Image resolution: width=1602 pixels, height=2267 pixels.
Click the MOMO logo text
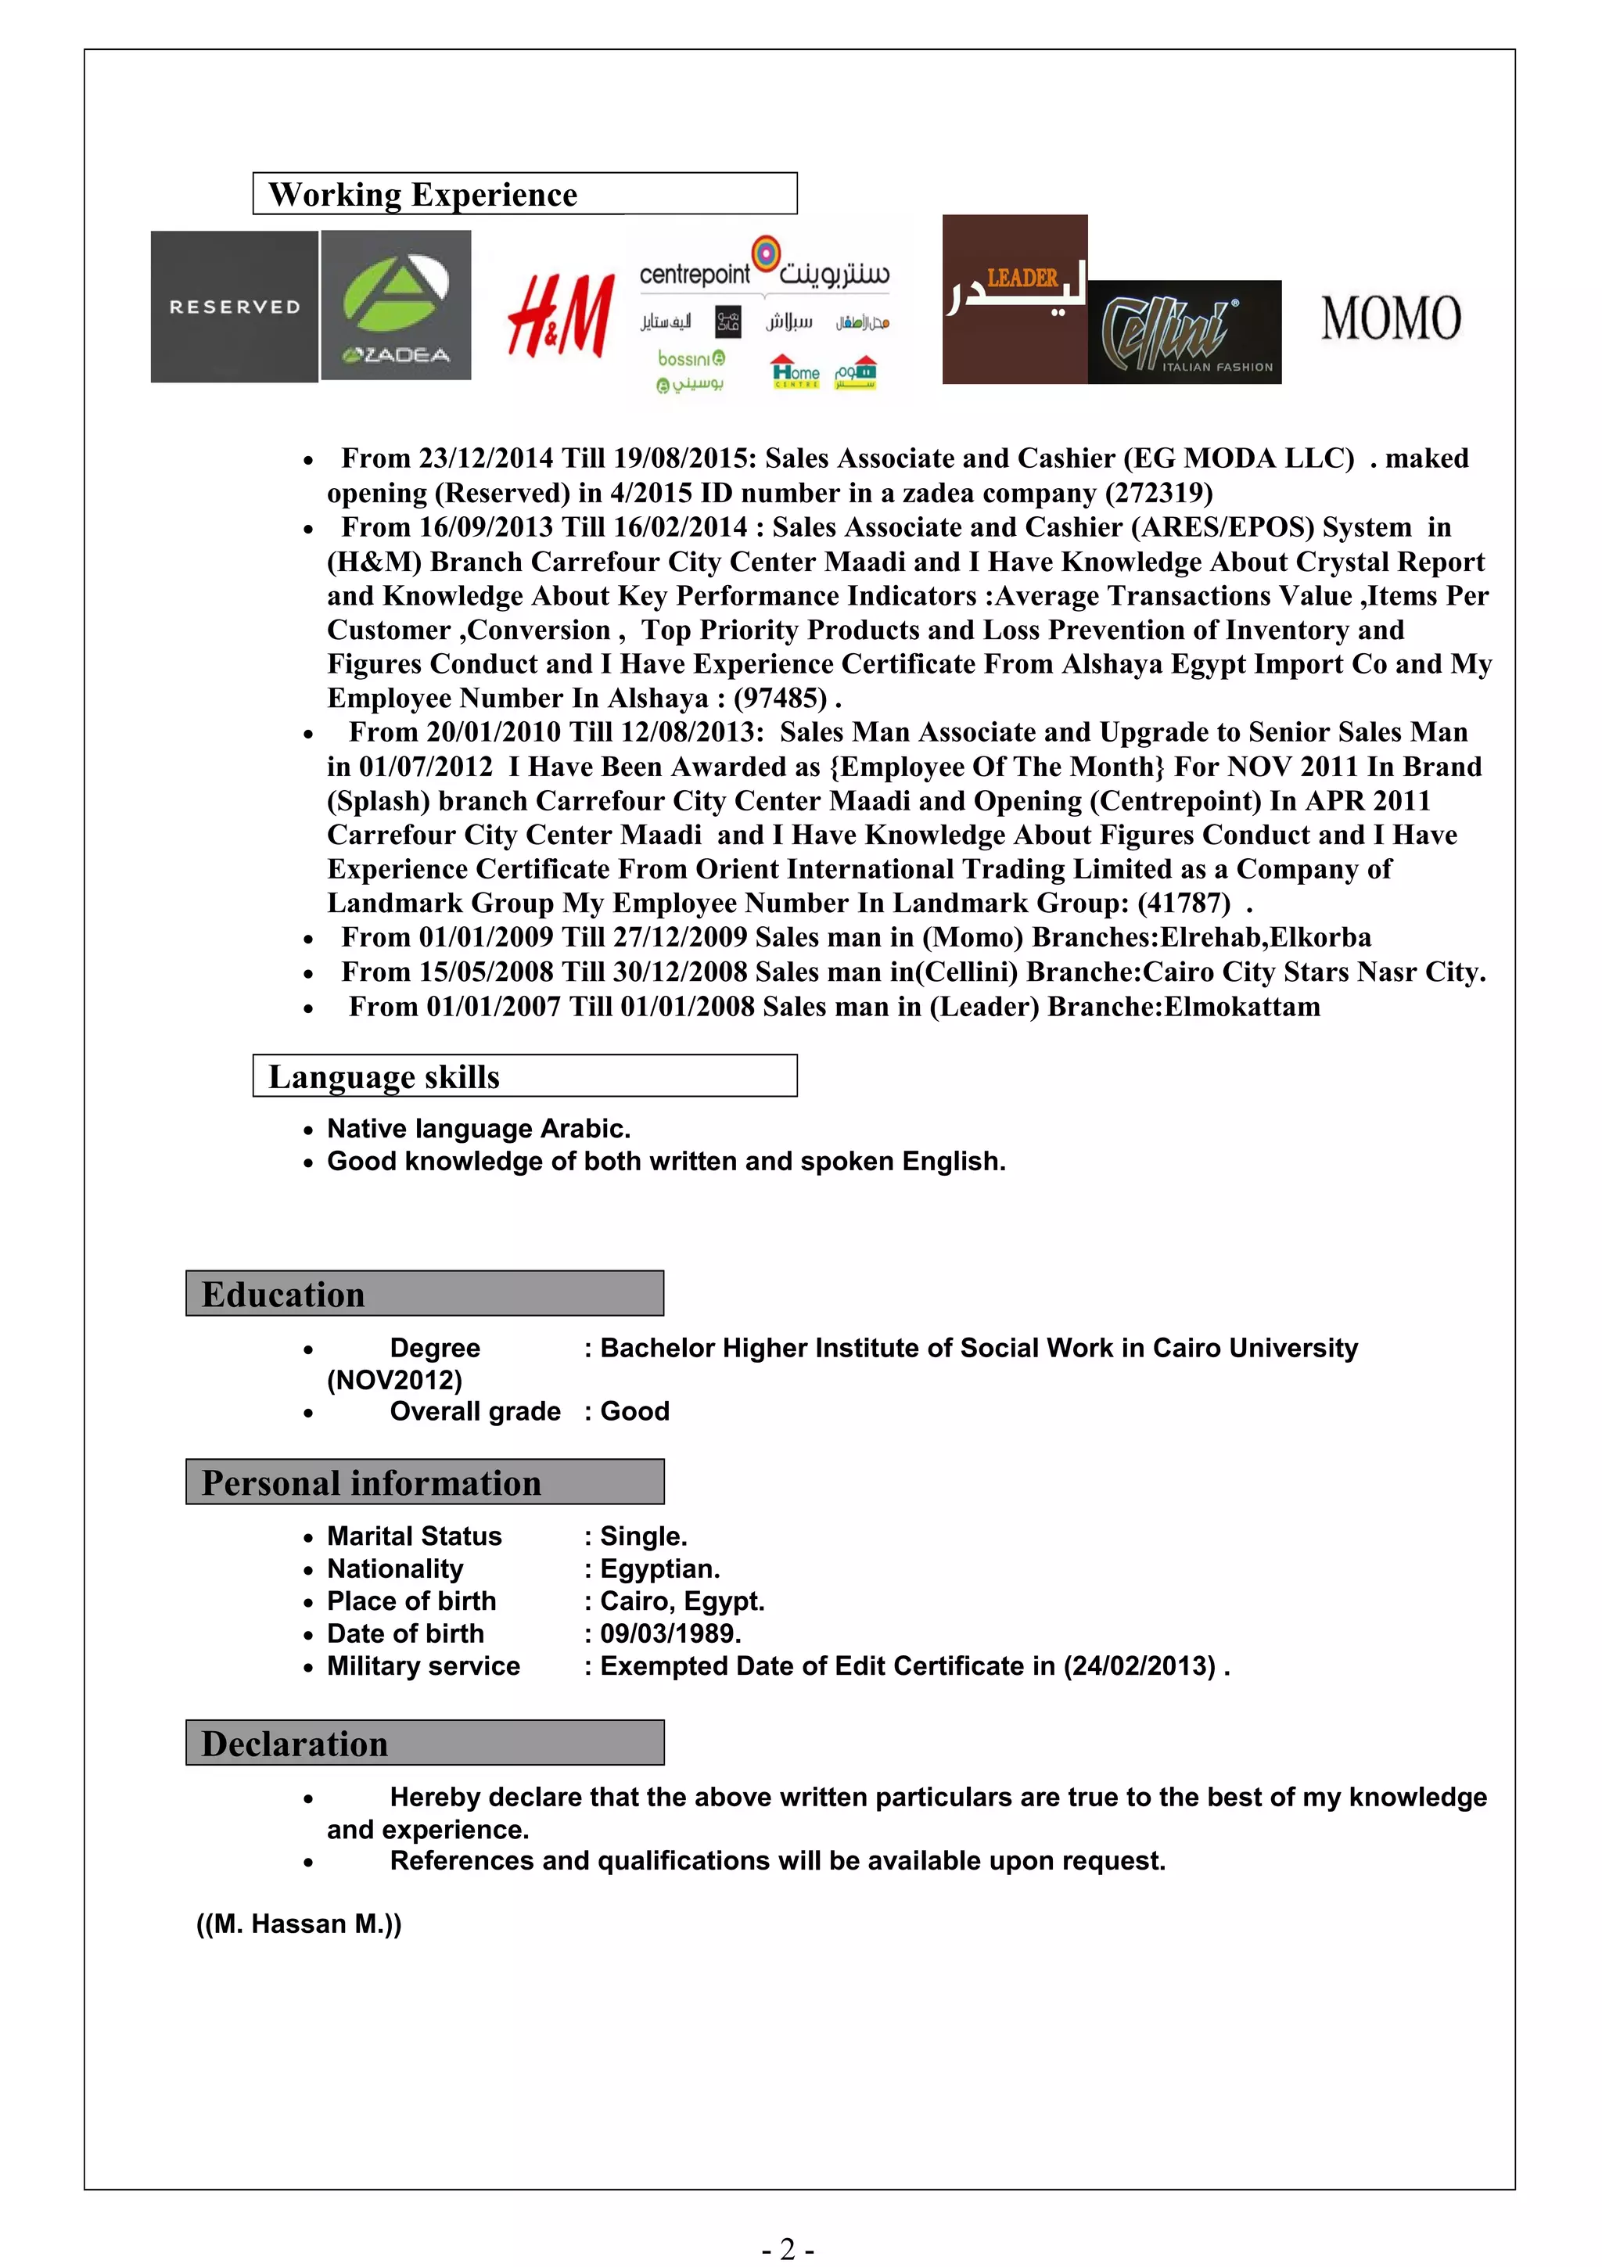pyautogui.click(x=1391, y=319)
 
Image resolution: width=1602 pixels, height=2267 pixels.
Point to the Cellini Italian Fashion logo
pyautogui.click(x=1184, y=332)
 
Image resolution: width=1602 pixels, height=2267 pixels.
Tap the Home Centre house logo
pyautogui.click(x=796, y=372)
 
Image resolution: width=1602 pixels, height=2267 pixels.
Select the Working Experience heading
pyautogui.click(x=422, y=195)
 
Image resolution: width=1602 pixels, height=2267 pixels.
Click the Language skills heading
pyautogui.click(x=384, y=1076)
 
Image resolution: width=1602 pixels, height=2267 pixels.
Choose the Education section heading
pyautogui.click(x=283, y=1295)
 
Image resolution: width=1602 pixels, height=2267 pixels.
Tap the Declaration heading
pyautogui.click(x=294, y=1744)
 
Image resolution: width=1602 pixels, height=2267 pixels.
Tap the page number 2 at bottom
pyautogui.click(x=787, y=2249)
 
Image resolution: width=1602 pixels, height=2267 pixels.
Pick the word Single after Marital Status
pyautogui.click(x=642, y=1536)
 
